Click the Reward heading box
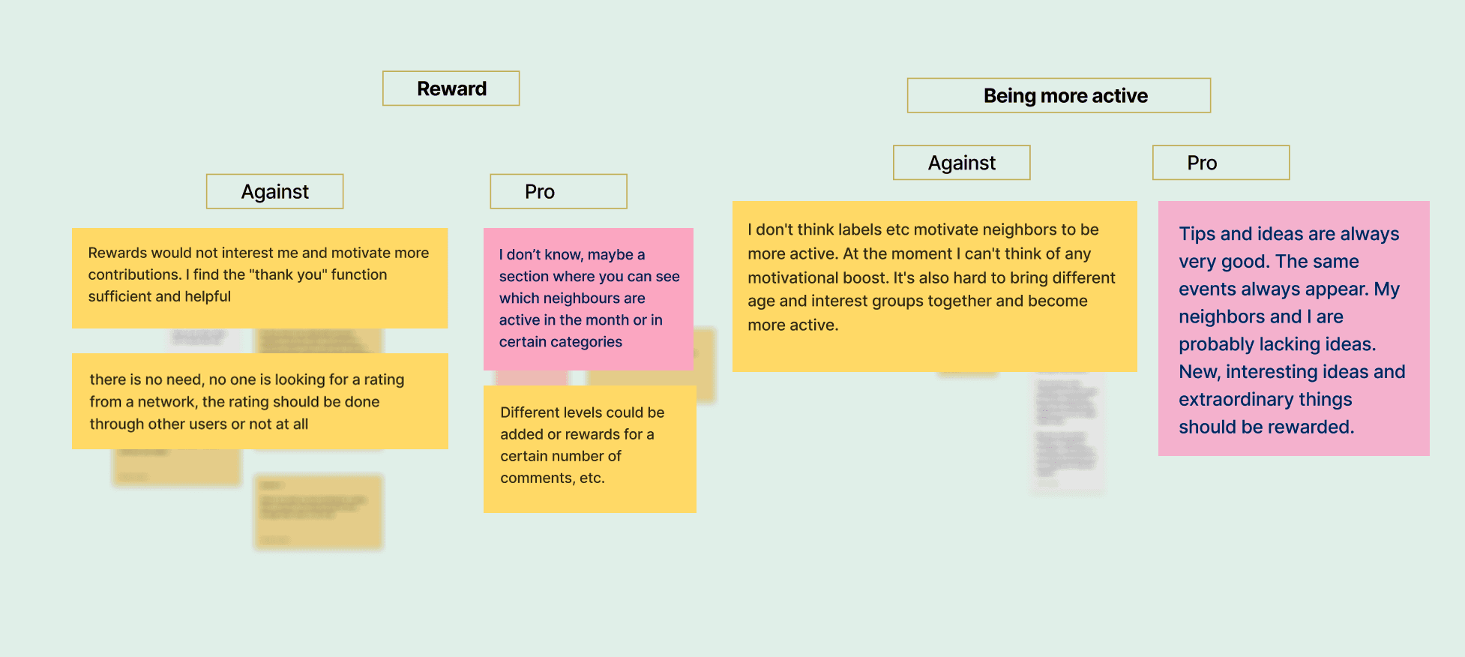[x=451, y=88]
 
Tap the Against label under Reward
[x=274, y=192]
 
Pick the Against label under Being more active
[x=961, y=163]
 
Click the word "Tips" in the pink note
[x=1197, y=234]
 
